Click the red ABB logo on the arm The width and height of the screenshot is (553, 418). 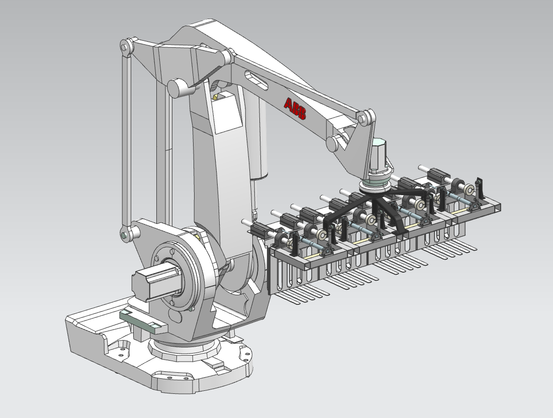point(295,108)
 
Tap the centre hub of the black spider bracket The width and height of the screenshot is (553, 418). point(375,196)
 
